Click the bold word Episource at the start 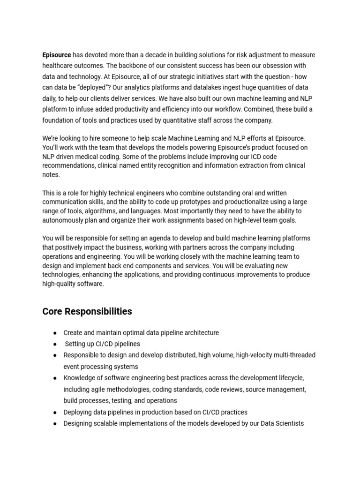click(x=57, y=55)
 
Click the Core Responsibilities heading click(x=87, y=312)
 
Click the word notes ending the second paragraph click(x=51, y=175)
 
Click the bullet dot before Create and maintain click(x=55, y=333)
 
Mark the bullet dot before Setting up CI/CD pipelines click(x=55, y=344)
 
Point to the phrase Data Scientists click(x=280, y=423)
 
